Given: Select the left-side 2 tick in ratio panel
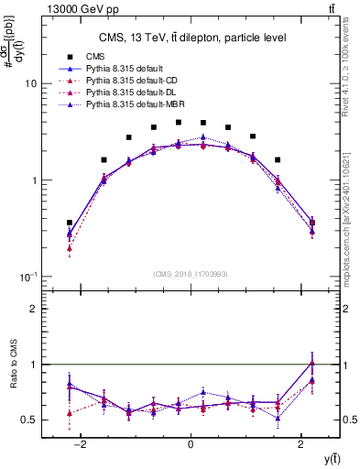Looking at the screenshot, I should point(32,310).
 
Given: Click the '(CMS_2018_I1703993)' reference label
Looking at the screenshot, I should point(190,274).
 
